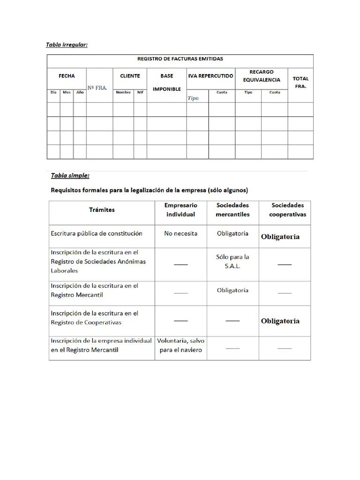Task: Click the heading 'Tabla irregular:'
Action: (67, 45)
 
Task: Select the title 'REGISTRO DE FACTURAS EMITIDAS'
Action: (180, 59)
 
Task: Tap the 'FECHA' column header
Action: (67, 76)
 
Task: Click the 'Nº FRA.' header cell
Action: (97, 88)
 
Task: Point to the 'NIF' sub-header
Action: (140, 92)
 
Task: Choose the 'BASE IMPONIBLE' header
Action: (166, 82)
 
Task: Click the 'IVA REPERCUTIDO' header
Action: (210, 76)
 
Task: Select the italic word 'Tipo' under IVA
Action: (193, 98)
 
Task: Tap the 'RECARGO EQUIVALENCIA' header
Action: (261, 76)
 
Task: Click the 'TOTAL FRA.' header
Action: (300, 82)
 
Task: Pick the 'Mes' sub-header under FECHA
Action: (67, 92)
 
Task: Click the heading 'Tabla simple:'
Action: (70, 176)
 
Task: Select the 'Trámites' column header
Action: (102, 210)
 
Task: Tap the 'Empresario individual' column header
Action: (180, 210)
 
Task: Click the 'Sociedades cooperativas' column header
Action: (287, 210)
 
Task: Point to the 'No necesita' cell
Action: (180, 233)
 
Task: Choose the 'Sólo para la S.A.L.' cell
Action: (232, 261)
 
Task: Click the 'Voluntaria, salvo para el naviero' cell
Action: (180, 345)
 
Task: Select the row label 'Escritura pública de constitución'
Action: (97, 233)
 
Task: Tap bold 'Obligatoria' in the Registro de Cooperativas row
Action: (280, 321)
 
